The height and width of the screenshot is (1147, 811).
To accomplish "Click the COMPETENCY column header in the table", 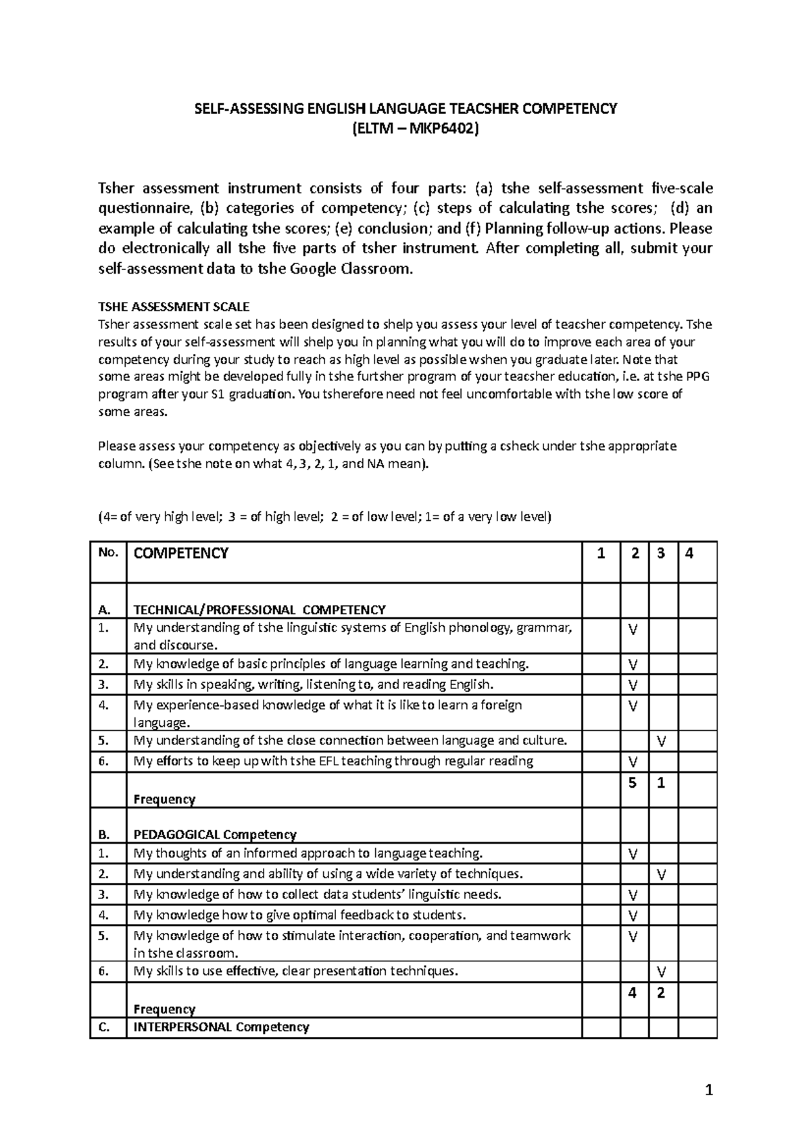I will click(181, 553).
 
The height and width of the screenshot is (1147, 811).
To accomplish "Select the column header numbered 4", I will click(689, 553).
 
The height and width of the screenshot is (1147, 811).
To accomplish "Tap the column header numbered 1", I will click(601, 553).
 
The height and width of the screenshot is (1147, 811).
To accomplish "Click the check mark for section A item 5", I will click(662, 741).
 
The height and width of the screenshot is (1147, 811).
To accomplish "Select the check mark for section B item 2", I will click(662, 874).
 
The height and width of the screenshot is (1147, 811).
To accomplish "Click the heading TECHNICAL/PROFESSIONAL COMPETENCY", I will click(260, 609).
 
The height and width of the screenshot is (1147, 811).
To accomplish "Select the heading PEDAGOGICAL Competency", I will click(215, 834).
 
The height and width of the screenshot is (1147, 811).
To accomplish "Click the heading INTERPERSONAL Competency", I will click(221, 1027).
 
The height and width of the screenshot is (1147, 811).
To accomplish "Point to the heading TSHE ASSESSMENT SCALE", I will click(174, 306).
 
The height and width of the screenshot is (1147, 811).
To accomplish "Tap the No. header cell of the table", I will click(107, 552).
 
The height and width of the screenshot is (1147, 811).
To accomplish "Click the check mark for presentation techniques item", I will click(662, 971).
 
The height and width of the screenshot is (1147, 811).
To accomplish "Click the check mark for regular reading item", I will click(633, 762).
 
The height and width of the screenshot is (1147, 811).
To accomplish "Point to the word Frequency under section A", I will click(164, 799).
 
